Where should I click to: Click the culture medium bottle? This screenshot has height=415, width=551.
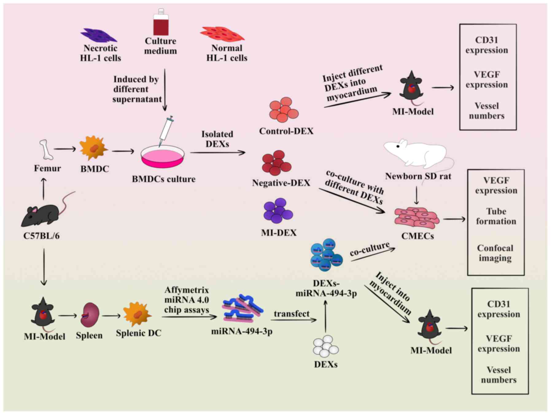pos(161,23)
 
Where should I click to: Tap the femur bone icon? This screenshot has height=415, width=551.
pos(46,150)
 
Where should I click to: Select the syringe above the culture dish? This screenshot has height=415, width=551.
pos(166,130)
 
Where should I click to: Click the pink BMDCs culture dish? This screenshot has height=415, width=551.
pos(163,157)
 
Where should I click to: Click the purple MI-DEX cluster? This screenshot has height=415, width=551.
pos(278,211)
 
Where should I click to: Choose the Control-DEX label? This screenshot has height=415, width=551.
pos(286,131)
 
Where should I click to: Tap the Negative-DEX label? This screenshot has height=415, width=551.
pos(281,183)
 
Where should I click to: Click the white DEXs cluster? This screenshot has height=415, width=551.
pos(326,346)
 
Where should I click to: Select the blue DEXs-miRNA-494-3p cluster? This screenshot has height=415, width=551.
pos(326,255)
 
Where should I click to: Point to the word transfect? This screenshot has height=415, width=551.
pos(292,314)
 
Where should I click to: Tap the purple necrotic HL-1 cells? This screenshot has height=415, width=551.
pos(99,35)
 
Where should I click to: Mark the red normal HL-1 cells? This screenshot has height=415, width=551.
pos(222,34)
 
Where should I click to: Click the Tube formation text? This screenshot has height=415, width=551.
pos(496,216)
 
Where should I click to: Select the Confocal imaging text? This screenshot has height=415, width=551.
pos(495,253)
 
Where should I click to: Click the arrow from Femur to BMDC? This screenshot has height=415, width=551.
pos(65,149)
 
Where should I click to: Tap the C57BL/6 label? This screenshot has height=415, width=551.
pos(41,236)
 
